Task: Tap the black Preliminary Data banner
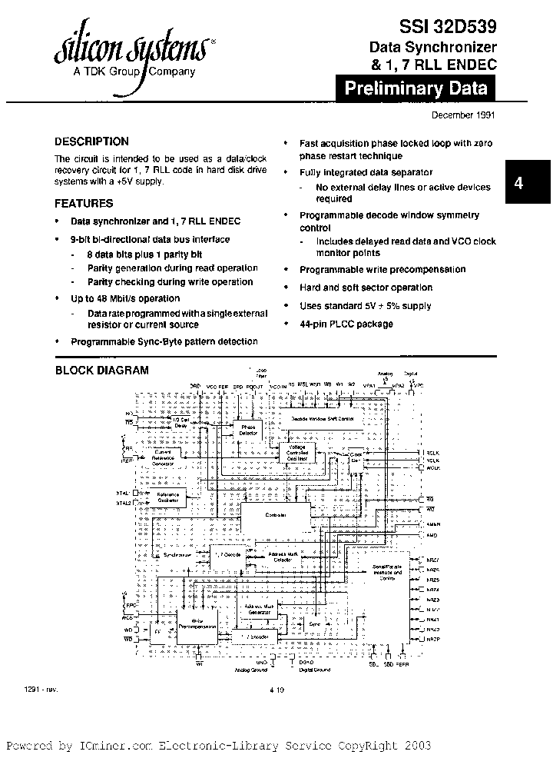[x=416, y=88]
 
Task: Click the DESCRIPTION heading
[x=91, y=141]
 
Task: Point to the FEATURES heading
[x=84, y=204]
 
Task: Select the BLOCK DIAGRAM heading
[x=101, y=371]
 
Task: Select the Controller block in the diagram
[x=276, y=514]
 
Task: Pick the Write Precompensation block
[x=197, y=624]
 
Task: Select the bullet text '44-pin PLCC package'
[x=346, y=324]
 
